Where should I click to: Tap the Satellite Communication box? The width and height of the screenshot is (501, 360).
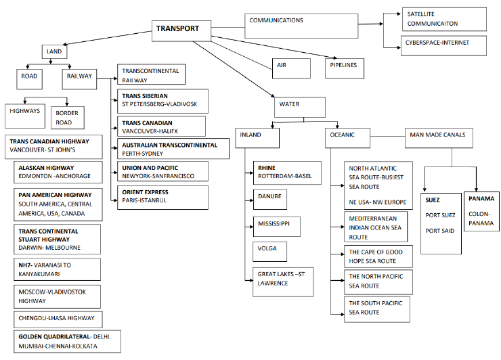(443, 20)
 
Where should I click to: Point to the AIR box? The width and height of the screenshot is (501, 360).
(290, 68)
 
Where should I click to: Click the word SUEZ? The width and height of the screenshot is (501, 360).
(433, 200)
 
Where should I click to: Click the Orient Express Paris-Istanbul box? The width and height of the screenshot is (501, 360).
(160, 196)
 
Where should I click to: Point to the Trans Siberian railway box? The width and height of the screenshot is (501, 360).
(160, 100)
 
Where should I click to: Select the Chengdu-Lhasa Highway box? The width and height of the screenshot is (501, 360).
(58, 318)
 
